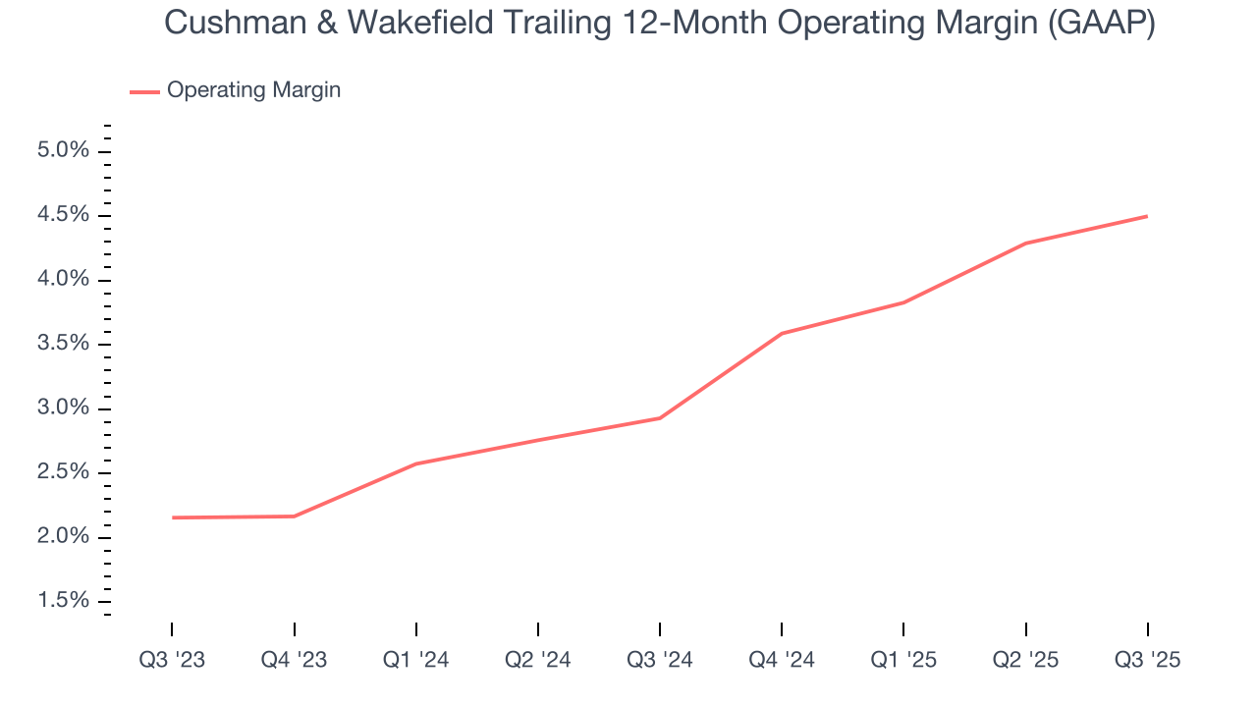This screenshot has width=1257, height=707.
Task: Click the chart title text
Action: tap(659, 24)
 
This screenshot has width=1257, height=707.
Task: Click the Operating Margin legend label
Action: tap(253, 90)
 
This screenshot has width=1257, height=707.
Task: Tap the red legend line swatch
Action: tap(144, 91)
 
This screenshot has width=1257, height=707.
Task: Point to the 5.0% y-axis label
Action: tap(64, 151)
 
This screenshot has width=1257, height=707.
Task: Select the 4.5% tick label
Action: tap(64, 215)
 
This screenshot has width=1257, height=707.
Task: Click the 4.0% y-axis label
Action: tap(64, 280)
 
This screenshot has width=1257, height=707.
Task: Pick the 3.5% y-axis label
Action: tap(64, 344)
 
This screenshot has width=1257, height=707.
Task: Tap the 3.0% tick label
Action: tap(64, 408)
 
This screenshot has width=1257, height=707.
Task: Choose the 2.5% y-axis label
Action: tap(64, 472)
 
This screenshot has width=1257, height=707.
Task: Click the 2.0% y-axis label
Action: tap(64, 537)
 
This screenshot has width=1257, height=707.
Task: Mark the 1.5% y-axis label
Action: tap(64, 601)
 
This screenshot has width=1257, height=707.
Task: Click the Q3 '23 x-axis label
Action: tap(172, 660)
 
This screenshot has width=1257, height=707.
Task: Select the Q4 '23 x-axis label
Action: tap(294, 660)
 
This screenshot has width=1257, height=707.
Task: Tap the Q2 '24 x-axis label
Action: tap(537, 660)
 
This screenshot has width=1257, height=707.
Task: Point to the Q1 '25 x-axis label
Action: tap(903, 660)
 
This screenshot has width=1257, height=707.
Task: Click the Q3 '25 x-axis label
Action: tap(1147, 660)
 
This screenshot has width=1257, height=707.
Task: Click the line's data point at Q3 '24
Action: tap(660, 418)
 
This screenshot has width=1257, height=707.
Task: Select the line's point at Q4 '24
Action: tap(782, 334)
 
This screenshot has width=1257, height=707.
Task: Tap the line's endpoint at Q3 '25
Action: tap(1147, 216)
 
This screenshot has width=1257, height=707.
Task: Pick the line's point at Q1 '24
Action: tap(416, 463)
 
